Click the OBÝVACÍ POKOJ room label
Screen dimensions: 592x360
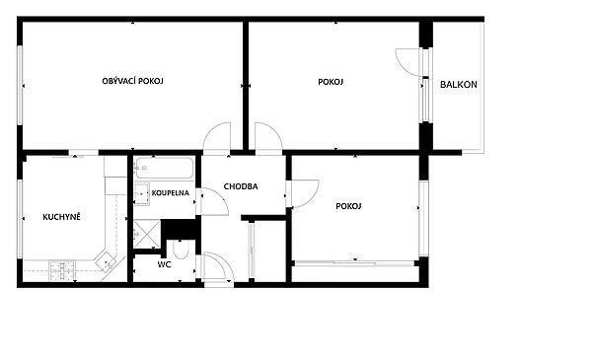coord(132,81)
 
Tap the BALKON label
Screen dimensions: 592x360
coord(459,85)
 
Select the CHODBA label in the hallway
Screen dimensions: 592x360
coord(241,186)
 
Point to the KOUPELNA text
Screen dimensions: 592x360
coord(171,193)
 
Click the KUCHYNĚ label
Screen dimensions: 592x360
coord(61,217)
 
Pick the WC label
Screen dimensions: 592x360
coord(164,264)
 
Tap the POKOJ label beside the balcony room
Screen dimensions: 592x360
coord(331,82)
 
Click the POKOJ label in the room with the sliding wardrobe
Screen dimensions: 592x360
coord(348,206)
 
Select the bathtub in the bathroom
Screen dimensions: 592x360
coord(165,168)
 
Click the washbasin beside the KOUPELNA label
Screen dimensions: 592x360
coord(141,193)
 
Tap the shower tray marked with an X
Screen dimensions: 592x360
coord(147,235)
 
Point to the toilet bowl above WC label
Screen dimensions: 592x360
coord(181,250)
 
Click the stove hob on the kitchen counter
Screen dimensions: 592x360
coord(63,270)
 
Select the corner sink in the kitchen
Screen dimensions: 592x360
coord(107,260)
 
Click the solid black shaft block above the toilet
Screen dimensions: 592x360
coord(181,229)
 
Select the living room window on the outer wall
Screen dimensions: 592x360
coord(20,85)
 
